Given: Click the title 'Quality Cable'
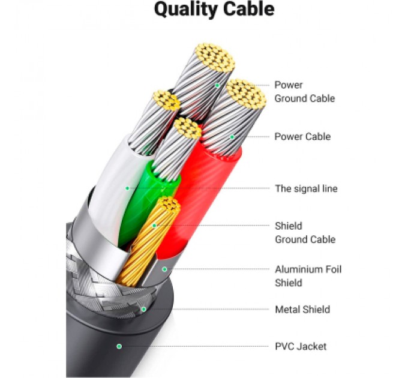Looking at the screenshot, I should click(x=214, y=10).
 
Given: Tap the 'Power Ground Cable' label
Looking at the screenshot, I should click(x=304, y=92).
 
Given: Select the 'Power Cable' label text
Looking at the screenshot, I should click(x=302, y=136).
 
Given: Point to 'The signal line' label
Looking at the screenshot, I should click(x=306, y=188).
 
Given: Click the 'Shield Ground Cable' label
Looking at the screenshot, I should click(x=304, y=233).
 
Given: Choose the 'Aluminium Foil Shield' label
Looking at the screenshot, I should click(x=308, y=276).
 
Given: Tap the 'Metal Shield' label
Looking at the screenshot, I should click(x=302, y=310).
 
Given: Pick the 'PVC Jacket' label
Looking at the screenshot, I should click(x=301, y=346).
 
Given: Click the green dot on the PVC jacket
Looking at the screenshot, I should click(x=119, y=346).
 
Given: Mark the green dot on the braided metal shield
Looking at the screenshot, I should click(x=144, y=310).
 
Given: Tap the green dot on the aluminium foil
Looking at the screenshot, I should click(x=164, y=269).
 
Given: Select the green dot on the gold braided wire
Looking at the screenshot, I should click(x=154, y=226).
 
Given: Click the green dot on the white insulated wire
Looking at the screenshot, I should click(x=128, y=188).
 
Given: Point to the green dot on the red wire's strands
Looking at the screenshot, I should click(x=232, y=137).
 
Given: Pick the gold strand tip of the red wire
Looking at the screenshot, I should click(x=246, y=94).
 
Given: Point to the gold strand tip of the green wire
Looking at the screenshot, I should click(x=187, y=127).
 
